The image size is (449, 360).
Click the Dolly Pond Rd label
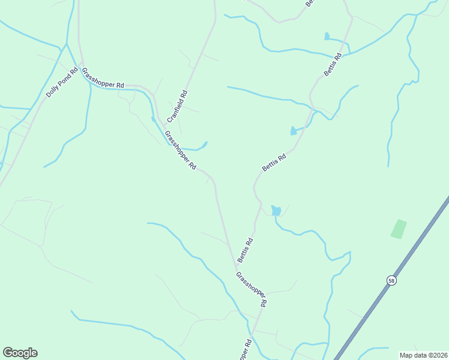coord(62,83)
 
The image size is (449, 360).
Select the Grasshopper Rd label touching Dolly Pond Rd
coord(103,78)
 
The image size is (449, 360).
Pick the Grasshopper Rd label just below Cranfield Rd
coord(181,151)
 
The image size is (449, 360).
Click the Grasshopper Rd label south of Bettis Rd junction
coord(251,290)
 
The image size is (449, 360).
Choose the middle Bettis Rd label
coord(274,161)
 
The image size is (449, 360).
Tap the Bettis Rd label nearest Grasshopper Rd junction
coord(245,250)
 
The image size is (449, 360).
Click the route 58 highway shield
coord(391,280)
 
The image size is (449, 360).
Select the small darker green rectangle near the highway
coord(399,229)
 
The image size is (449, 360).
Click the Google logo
coord(20,353)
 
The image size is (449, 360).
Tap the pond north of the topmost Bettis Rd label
coord(327,36)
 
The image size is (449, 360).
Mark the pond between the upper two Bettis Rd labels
coord(293,130)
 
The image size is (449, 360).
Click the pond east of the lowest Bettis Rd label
coord(276,210)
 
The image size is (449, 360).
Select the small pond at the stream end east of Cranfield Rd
coord(205,144)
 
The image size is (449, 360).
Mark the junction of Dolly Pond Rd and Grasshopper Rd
coord(80,63)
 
